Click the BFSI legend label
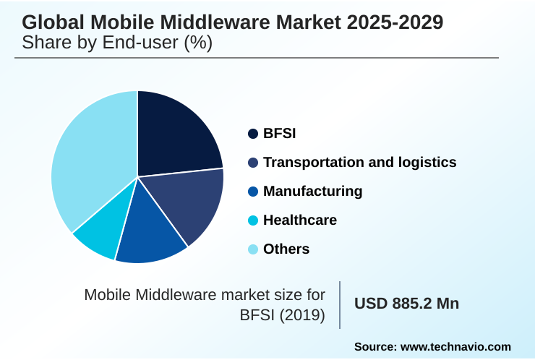click(x=280, y=134)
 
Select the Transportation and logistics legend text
click(x=359, y=163)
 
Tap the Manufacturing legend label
click(x=312, y=192)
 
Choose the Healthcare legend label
click(x=300, y=220)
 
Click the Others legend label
click(x=286, y=249)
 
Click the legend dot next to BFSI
click(x=253, y=134)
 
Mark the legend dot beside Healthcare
click(x=253, y=220)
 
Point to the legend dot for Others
click(x=253, y=249)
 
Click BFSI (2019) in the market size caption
click(x=283, y=315)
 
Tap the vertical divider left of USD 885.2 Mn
click(x=340, y=304)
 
